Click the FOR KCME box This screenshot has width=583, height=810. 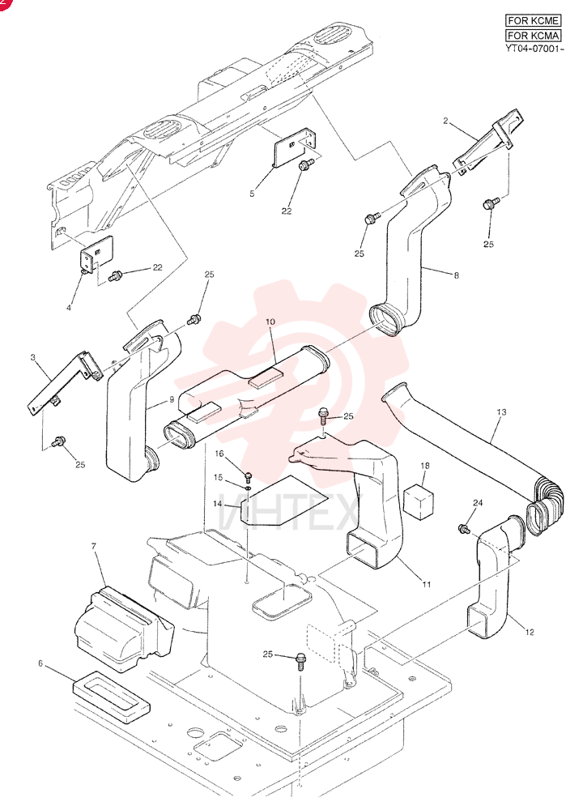click(533, 21)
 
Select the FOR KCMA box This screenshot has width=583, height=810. click(533, 35)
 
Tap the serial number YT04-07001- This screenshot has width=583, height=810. click(534, 49)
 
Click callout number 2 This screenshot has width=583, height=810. click(445, 121)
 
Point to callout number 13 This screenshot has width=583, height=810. click(501, 411)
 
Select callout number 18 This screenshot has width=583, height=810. click(425, 466)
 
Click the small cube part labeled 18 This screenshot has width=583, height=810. click(419, 501)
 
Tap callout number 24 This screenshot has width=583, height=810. click(478, 503)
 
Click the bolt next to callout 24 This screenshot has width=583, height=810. click(462, 528)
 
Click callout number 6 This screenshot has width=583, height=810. click(40, 663)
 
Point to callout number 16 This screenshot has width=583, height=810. click(220, 454)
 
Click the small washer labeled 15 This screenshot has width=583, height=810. click(248, 487)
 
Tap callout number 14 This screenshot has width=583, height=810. click(217, 503)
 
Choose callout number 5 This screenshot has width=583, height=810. click(252, 194)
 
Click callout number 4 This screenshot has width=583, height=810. click(69, 307)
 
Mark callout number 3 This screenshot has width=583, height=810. click(32, 357)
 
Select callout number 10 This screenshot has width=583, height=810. click(270, 322)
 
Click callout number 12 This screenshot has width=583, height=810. click(530, 632)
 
